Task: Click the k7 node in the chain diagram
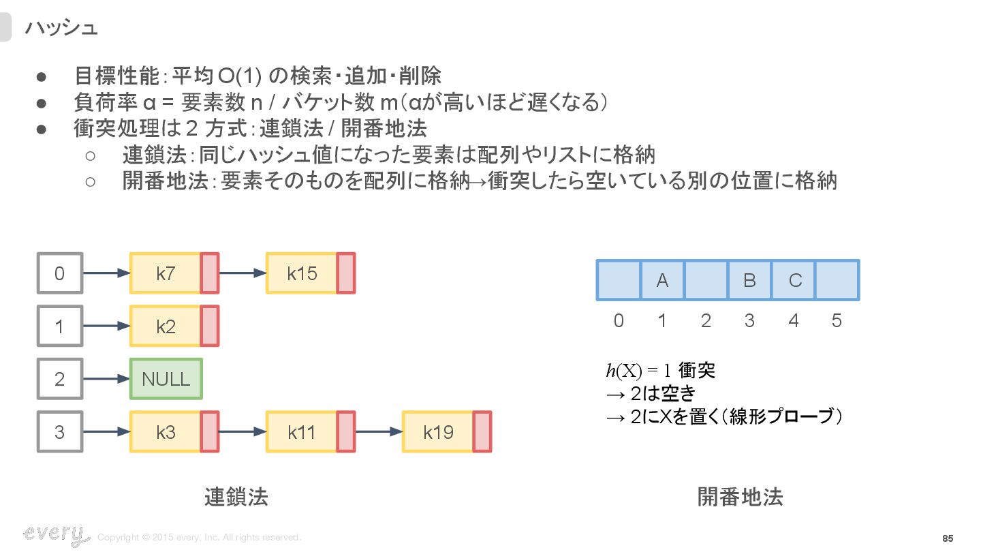pyautogui.click(x=166, y=273)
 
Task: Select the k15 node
pyautogui.click(x=302, y=273)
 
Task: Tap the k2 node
pyautogui.click(x=166, y=326)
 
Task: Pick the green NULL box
pyautogui.click(x=166, y=379)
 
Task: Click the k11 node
pyautogui.click(x=302, y=431)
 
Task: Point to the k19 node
pyautogui.click(x=438, y=431)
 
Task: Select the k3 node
pyautogui.click(x=166, y=431)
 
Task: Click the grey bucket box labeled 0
pyautogui.click(x=59, y=273)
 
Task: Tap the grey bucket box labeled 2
pyautogui.click(x=59, y=379)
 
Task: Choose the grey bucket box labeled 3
pyautogui.click(x=59, y=431)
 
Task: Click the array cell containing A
pyautogui.click(x=662, y=280)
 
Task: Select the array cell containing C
pyautogui.click(x=794, y=280)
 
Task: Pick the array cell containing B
pyautogui.click(x=749, y=280)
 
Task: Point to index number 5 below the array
pyautogui.click(x=837, y=320)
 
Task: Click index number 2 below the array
pyautogui.click(x=706, y=320)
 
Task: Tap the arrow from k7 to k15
pyautogui.click(x=242, y=273)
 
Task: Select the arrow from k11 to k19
pyautogui.click(x=378, y=431)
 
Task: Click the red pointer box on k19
pyautogui.click(x=482, y=431)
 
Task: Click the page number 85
pyautogui.click(x=948, y=538)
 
